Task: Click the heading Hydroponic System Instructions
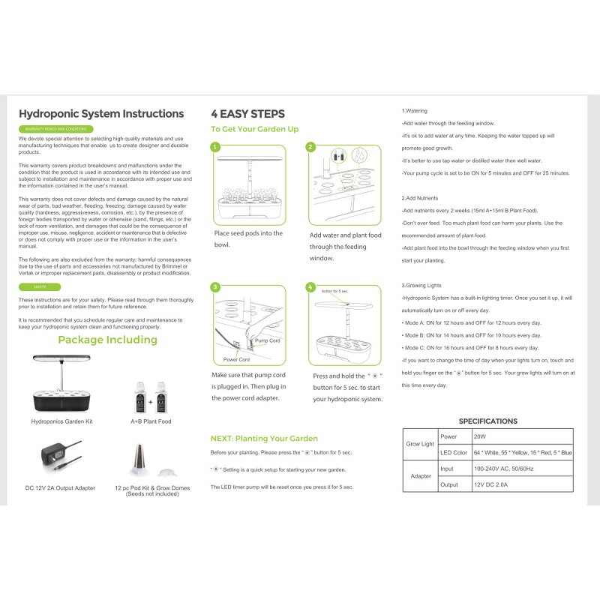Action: (x=100, y=114)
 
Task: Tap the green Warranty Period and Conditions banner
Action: (x=55, y=129)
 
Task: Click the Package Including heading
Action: (x=107, y=340)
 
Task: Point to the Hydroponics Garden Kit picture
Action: (x=62, y=382)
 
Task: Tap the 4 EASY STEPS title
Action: (x=247, y=114)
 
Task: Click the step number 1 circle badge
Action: (x=215, y=148)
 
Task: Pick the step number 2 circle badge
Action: (x=311, y=148)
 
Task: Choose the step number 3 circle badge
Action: (x=215, y=287)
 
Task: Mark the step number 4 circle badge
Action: (x=311, y=287)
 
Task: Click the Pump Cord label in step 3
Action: (x=267, y=340)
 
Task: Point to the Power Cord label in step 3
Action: (x=237, y=358)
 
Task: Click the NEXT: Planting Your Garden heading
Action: (x=264, y=438)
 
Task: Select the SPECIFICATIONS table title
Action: (x=487, y=421)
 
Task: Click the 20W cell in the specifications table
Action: (x=480, y=436)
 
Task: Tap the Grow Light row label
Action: (x=420, y=444)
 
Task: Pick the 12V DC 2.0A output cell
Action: (x=492, y=484)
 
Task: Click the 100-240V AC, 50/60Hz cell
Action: (x=503, y=469)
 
